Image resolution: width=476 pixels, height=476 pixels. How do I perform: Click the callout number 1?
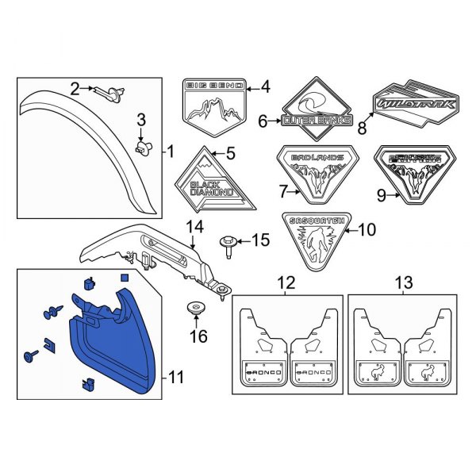point(168,150)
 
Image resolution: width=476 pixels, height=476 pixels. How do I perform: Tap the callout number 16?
point(198,336)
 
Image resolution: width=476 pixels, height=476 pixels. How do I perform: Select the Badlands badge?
point(317,169)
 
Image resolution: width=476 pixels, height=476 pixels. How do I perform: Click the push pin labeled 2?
point(111,94)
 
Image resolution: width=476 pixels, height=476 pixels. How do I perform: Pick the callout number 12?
point(286,282)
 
